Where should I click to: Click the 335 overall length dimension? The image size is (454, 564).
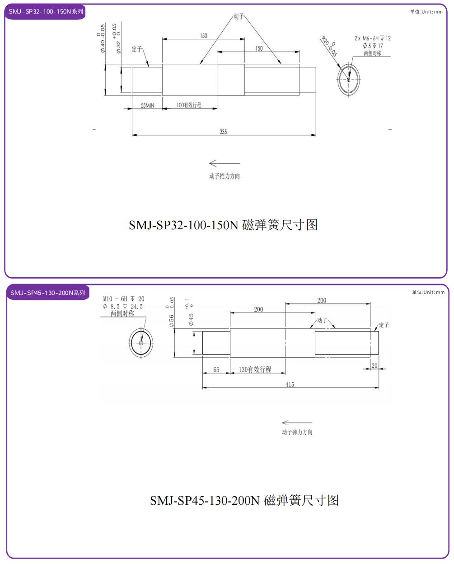(223, 132)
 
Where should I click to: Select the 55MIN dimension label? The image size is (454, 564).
(147, 105)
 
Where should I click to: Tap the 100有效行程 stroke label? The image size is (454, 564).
(189, 105)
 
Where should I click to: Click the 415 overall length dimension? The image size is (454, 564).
(290, 384)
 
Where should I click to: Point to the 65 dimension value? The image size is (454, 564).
(216, 370)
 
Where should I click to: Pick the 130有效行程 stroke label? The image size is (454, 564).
(255, 370)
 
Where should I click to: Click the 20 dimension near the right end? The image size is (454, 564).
(374, 365)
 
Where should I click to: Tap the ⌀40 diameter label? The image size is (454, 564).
(103, 44)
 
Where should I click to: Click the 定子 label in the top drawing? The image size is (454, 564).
(136, 49)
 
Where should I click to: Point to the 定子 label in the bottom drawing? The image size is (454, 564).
(384, 325)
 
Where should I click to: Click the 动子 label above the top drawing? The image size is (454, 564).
(238, 17)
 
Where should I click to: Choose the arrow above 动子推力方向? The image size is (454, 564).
(225, 163)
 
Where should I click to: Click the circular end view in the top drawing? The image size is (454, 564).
(349, 80)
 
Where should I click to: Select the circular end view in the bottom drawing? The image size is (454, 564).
(141, 343)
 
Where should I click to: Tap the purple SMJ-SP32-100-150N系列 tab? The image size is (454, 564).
(46, 12)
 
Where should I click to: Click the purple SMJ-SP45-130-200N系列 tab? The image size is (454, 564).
(47, 293)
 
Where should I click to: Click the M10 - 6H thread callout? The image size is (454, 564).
(124, 299)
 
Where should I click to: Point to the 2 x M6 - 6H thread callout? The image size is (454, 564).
(372, 38)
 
